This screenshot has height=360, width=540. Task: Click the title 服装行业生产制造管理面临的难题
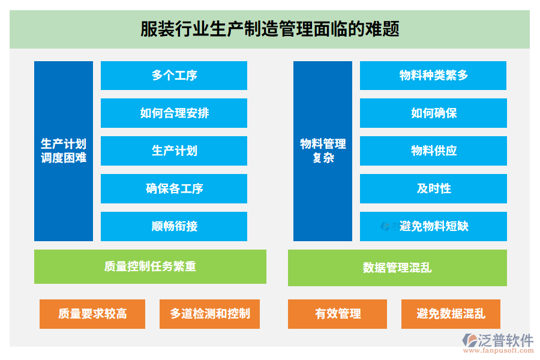click(269, 29)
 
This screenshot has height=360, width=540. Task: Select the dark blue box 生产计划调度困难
click(64, 151)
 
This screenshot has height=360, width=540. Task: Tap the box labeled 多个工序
click(174, 76)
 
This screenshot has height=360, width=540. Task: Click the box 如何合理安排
click(174, 113)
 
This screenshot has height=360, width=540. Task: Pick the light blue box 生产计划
click(174, 151)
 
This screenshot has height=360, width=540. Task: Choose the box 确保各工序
click(174, 188)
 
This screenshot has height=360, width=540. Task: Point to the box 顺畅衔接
click(174, 226)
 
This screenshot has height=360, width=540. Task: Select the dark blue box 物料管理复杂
click(323, 151)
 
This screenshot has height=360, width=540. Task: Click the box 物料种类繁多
click(433, 76)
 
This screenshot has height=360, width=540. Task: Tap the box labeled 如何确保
click(433, 113)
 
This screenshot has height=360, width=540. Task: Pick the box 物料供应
click(433, 151)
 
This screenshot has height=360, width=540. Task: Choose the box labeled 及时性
click(433, 188)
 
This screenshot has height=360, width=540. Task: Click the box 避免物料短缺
click(433, 226)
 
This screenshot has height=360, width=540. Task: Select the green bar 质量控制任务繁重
click(150, 266)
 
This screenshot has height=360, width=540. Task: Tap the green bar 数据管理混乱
click(397, 268)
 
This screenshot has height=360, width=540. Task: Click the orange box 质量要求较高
click(92, 314)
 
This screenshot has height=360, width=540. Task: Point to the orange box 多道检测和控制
click(209, 314)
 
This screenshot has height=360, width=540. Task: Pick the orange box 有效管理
click(337, 314)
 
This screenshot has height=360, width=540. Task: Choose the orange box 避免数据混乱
click(451, 314)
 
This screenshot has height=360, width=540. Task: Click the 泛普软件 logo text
click(505, 341)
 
